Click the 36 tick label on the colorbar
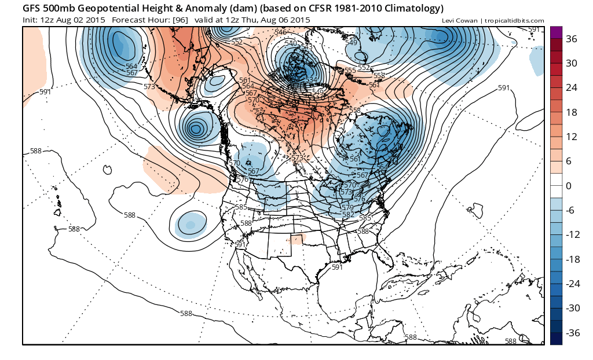point(572,39)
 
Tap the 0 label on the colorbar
point(569,186)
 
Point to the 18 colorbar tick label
point(572,112)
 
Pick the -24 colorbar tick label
point(572,284)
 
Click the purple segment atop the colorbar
point(556,32)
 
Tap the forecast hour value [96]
point(180,20)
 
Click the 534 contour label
point(311,80)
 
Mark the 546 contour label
point(281,32)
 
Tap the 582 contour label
point(348,215)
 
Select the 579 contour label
point(347,207)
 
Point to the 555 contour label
point(350,71)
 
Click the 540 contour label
point(291,43)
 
